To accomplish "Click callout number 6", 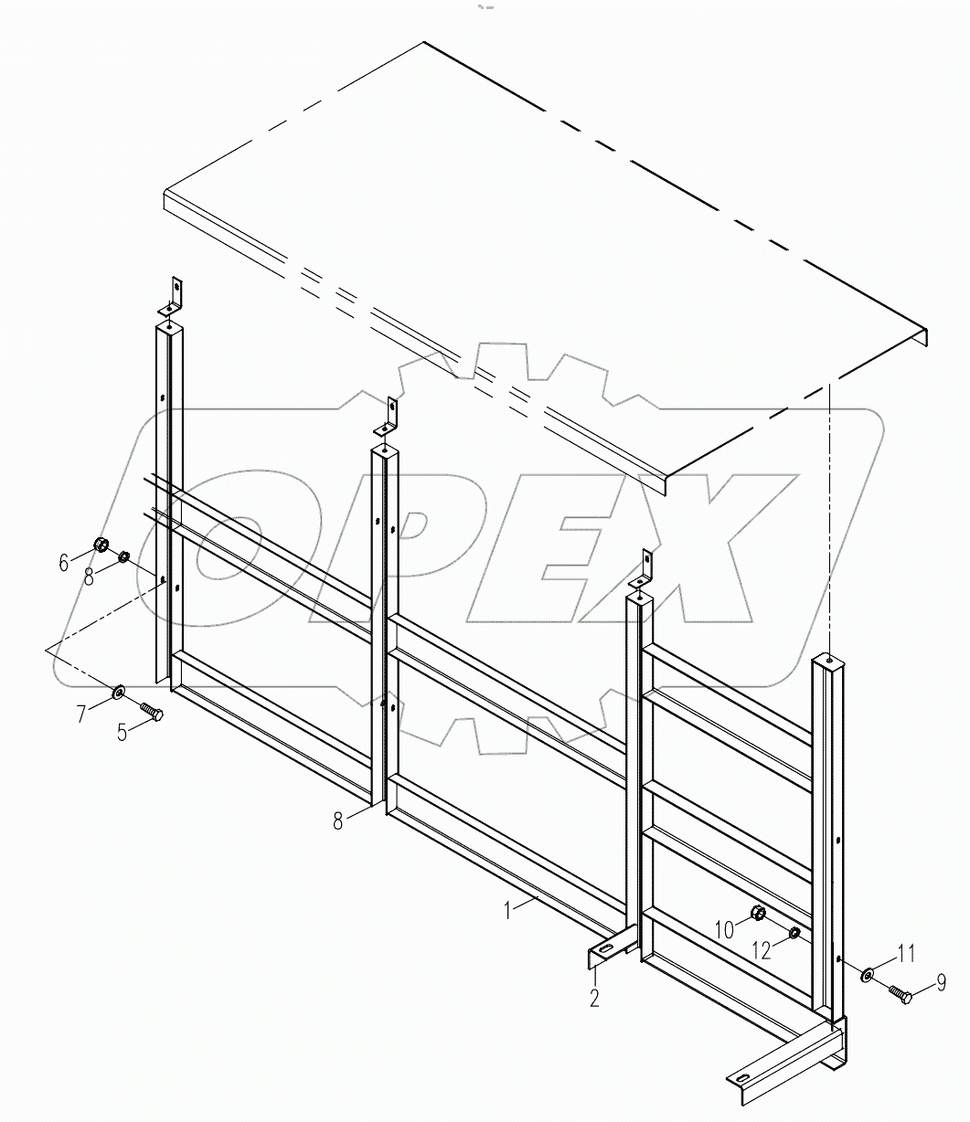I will (64, 563).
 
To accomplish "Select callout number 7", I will (82, 714).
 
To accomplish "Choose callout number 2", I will (594, 998).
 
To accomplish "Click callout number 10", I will (723, 929).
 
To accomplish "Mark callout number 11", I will (904, 955).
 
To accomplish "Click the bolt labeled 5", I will (152, 709).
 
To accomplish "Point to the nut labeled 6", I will (101, 546).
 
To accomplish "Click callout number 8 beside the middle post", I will (338, 821).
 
